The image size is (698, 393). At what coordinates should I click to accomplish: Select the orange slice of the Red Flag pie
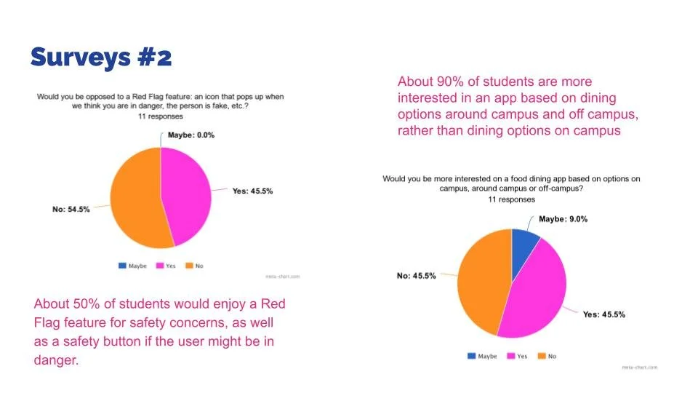pyautogui.click(x=136, y=198)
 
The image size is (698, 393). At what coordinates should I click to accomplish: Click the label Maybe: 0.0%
pyautogui.click(x=191, y=135)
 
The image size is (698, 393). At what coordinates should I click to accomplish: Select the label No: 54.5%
pyautogui.click(x=71, y=209)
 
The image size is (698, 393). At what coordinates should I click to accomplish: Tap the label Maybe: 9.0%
pyautogui.click(x=563, y=219)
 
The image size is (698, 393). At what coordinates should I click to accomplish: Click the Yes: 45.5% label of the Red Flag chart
pyautogui.click(x=252, y=191)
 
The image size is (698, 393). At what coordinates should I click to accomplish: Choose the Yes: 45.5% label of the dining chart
pyautogui.click(x=604, y=314)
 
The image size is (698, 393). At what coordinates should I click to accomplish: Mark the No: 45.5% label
pyautogui.click(x=416, y=276)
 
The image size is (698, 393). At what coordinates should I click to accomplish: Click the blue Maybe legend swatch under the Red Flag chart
pyautogui.click(x=122, y=266)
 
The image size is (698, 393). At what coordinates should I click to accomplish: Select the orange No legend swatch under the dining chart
pyautogui.click(x=542, y=356)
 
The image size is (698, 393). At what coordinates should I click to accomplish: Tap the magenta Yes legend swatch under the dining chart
pyautogui.click(x=511, y=356)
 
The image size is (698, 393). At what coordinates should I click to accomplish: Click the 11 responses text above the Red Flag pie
pyautogui.click(x=160, y=116)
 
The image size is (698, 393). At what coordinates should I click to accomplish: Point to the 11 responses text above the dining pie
pyautogui.click(x=511, y=199)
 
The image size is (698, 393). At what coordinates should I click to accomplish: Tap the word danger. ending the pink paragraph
pyautogui.click(x=56, y=360)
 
